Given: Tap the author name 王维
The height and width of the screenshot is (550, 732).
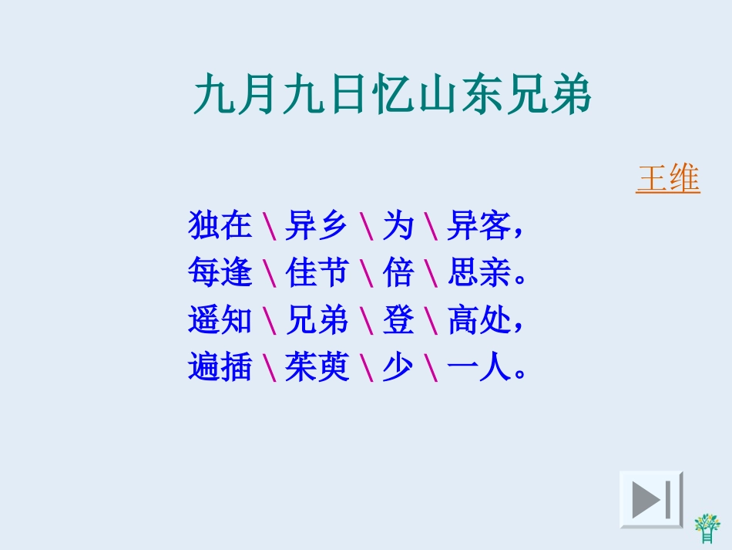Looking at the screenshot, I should pos(667,179).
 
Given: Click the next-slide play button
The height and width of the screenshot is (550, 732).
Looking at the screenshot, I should pos(651,499).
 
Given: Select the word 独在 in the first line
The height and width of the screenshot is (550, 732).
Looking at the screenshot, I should pos(220,225).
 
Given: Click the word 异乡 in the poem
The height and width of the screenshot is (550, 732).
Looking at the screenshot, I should pos(317,225).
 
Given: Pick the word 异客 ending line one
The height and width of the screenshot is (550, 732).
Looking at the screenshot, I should pos(478,225).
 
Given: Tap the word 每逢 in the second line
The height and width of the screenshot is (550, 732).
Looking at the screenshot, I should pos(220,272).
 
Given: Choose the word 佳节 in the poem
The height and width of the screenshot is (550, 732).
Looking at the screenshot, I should pos(317,272).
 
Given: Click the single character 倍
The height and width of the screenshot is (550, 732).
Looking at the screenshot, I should pos(398,272).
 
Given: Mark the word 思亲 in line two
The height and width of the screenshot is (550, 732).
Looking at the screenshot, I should pos(478,272).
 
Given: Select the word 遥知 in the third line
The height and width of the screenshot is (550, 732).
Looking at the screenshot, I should pos(220,320).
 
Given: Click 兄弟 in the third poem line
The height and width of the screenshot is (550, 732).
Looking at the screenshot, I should pos(317,320).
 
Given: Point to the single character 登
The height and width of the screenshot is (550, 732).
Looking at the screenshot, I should pos(398,320).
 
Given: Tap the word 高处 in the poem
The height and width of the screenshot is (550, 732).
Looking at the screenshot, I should pos(478,320).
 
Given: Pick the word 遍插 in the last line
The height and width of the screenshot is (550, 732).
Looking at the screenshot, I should pos(220,368).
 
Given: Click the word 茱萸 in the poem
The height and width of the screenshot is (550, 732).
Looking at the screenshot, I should pos(317,368).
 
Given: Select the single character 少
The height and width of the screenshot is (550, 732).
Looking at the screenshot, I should pos(398,368).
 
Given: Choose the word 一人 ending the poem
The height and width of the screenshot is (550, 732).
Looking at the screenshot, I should pos(478,368).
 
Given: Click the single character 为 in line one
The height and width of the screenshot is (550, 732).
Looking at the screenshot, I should pos(398,225).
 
